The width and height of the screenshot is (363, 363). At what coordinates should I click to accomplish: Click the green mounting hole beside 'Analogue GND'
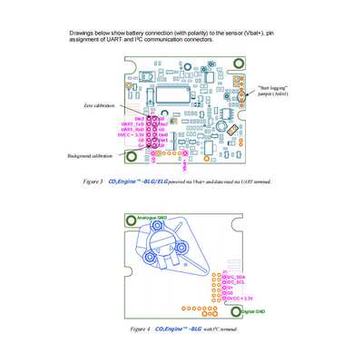click(x=130, y=219)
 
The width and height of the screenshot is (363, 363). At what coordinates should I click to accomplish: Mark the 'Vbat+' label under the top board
click(x=185, y=166)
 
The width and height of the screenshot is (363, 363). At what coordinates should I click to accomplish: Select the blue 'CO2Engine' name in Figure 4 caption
click(x=172, y=329)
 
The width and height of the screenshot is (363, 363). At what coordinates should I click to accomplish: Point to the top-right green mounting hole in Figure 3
click(x=239, y=64)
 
